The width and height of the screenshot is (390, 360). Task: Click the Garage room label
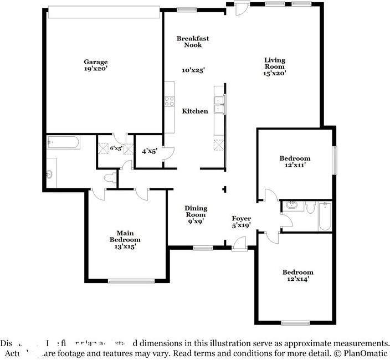[96, 62]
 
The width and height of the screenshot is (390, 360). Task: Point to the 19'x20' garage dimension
[96, 69]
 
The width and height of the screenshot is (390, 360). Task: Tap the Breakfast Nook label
[193, 42]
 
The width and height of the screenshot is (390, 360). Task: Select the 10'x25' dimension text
[194, 70]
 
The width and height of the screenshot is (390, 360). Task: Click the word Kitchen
[195, 111]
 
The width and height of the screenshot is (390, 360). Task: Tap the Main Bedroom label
[125, 236]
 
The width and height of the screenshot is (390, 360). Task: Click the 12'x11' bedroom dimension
[295, 166]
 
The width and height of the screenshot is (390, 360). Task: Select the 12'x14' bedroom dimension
[297, 280]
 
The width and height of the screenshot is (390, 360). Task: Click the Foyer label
[241, 219]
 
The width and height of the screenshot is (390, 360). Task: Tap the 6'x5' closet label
[115, 148]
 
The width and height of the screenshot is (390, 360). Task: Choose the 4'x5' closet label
[149, 151]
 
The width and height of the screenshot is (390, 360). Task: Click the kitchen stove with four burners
[169, 101]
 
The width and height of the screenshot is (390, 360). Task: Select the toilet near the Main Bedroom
[111, 178]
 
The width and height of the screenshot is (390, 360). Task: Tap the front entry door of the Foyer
[239, 244]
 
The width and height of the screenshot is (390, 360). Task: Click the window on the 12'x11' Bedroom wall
[334, 161]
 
